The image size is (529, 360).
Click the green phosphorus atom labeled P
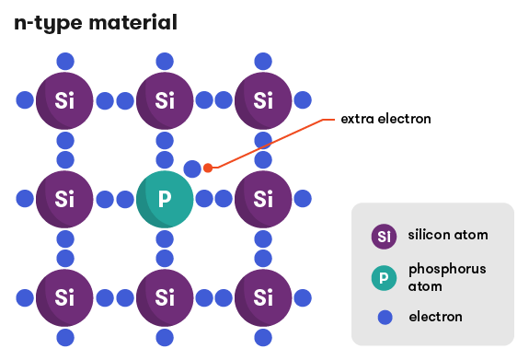[165, 198]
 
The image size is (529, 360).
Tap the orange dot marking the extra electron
[208, 168]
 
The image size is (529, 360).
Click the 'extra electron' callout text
[385, 119]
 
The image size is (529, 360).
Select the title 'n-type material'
[96, 22]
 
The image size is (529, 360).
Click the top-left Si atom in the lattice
[64, 99]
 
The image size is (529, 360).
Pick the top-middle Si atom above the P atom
[165, 99]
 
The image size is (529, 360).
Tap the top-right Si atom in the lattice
[264, 99]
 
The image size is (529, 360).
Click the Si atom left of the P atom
[64, 198]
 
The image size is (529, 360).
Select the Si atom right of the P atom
[264, 198]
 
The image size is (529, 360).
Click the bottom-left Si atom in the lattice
[64, 297]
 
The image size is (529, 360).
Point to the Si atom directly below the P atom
[165, 297]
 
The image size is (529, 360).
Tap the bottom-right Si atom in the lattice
[264, 297]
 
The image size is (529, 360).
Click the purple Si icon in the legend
[385, 236]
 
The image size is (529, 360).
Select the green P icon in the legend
[385, 277]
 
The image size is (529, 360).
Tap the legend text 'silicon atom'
[448, 235]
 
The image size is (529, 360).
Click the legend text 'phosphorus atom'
[446, 277]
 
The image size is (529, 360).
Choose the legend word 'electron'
[435, 317]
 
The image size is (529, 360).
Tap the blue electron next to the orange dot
[191, 168]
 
